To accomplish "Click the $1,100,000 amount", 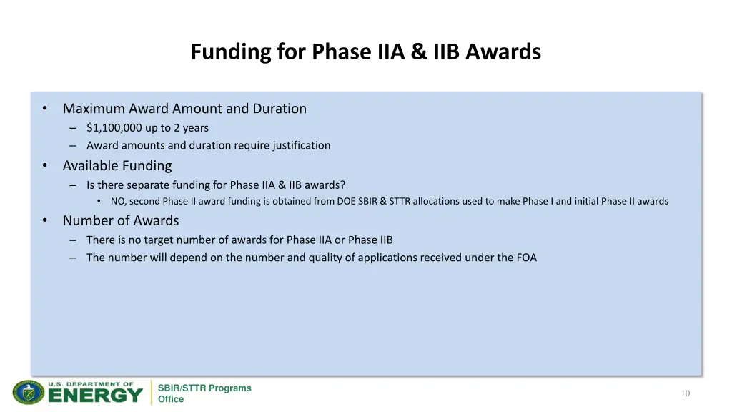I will coord(114,128).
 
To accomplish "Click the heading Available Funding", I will coord(117,166).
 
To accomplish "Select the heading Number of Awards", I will coord(121,220).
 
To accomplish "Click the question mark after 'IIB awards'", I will coord(343,185).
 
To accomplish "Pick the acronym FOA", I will coord(526,257).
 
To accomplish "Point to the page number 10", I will coord(686,393).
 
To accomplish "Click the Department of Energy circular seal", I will coord(29,393).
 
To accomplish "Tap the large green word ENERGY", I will coord(96,396).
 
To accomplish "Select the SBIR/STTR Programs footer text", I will coord(204,388).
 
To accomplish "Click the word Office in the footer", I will coord(171,400).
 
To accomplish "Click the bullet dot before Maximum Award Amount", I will coord(44,109).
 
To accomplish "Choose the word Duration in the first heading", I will coord(280,109).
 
